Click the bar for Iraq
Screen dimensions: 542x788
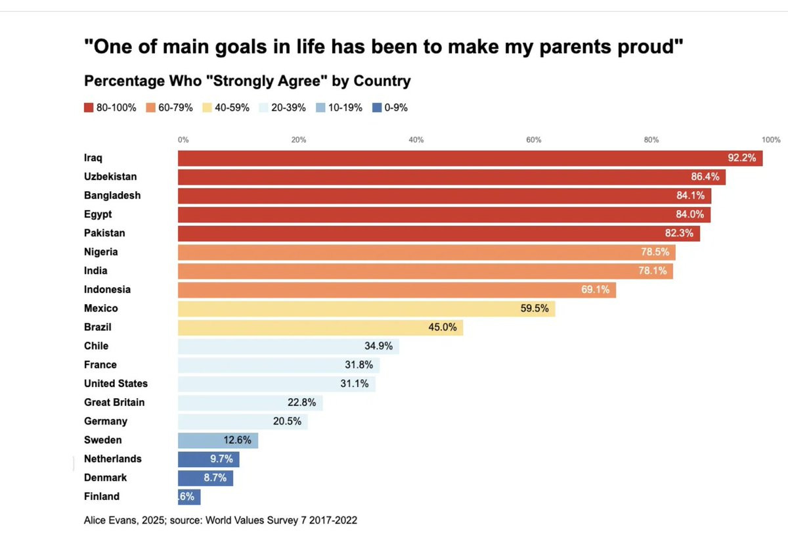point(470,158)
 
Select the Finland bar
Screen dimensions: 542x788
point(189,497)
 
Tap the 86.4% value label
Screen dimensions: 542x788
point(705,177)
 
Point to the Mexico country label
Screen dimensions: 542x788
point(100,308)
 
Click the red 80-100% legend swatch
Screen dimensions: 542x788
point(89,108)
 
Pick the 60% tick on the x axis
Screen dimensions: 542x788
point(533,139)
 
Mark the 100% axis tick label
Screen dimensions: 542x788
point(771,139)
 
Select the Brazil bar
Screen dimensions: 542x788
point(320,327)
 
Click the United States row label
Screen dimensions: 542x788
point(116,384)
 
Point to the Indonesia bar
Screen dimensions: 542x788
point(397,290)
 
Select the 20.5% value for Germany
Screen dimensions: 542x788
point(287,421)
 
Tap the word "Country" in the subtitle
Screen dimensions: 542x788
point(382,81)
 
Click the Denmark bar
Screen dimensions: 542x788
point(205,478)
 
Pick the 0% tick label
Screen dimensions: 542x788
point(183,139)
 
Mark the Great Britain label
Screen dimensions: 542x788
point(114,402)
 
